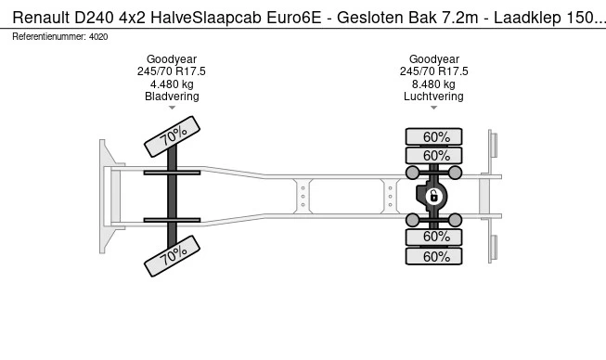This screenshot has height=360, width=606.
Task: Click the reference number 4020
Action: click(98, 37)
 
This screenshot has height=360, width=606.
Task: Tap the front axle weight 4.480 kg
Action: click(172, 84)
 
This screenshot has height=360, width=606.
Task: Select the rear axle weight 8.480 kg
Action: click(433, 84)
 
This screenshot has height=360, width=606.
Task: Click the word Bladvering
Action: click(172, 96)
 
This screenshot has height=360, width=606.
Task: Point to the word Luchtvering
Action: click(433, 96)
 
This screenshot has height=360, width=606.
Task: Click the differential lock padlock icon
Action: click(433, 197)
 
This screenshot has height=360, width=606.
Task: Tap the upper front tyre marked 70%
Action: click(172, 136)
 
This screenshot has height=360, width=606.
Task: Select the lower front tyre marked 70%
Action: click(172, 256)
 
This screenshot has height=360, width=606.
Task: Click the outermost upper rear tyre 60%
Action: click(433, 136)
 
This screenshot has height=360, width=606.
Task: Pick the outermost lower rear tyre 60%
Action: click(433, 256)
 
